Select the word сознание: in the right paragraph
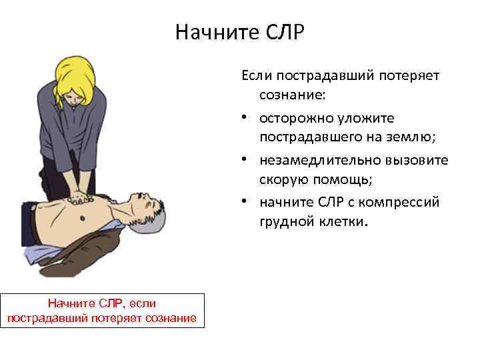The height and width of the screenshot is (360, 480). tap(293, 96)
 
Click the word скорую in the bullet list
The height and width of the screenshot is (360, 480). tap(284, 180)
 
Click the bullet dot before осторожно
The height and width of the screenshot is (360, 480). tap(247, 118)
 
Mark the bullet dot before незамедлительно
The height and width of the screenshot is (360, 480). tap(247, 160)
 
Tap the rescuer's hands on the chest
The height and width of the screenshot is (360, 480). tap(82, 197)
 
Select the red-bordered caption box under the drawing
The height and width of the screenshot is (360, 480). tap(102, 310)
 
